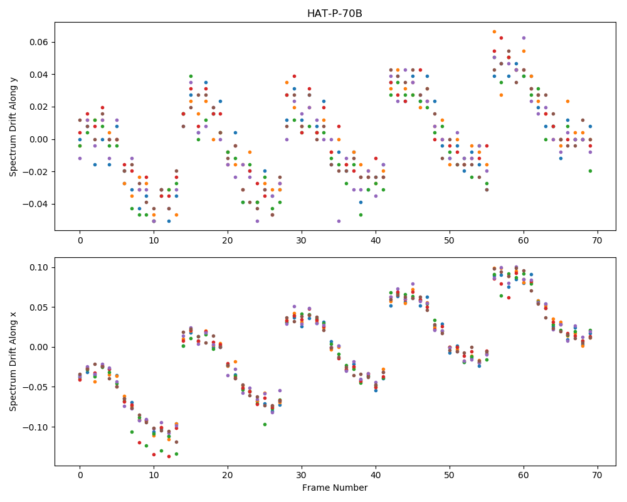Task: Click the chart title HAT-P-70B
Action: (335, 14)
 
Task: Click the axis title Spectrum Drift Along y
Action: (13, 127)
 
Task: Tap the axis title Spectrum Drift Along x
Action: (13, 361)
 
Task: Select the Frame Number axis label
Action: (335, 488)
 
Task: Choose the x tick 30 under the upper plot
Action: (302, 240)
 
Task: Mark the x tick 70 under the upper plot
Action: (598, 240)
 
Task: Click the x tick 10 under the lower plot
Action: (154, 476)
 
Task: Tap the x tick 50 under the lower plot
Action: (450, 476)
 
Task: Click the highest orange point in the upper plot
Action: (494, 31)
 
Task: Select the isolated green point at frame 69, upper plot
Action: (590, 171)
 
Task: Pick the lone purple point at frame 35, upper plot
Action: (339, 221)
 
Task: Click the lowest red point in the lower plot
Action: (169, 456)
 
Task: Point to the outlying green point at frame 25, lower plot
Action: (265, 424)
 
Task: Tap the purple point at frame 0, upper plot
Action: (80, 159)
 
